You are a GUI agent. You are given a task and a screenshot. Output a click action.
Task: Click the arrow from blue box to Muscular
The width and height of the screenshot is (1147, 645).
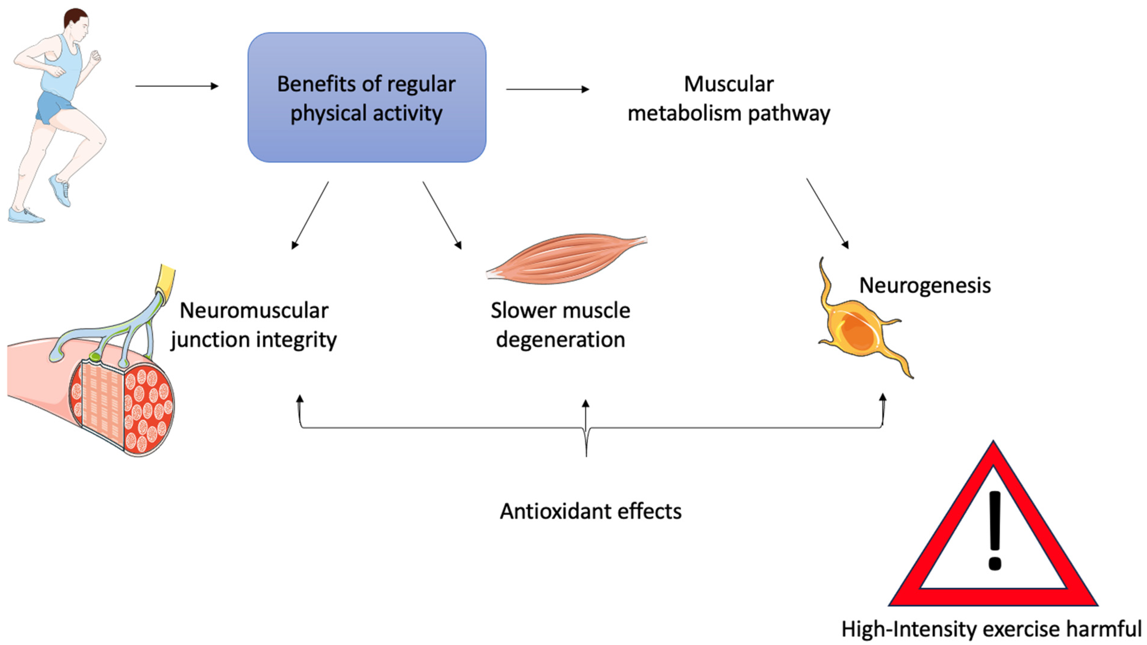[547, 89]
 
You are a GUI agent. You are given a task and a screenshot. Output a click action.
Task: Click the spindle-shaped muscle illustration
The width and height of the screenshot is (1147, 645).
[566, 258]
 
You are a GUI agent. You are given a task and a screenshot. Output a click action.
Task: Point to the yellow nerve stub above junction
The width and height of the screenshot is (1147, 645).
[167, 278]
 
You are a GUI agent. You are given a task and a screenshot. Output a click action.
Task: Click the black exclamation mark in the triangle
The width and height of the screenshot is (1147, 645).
[994, 530]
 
